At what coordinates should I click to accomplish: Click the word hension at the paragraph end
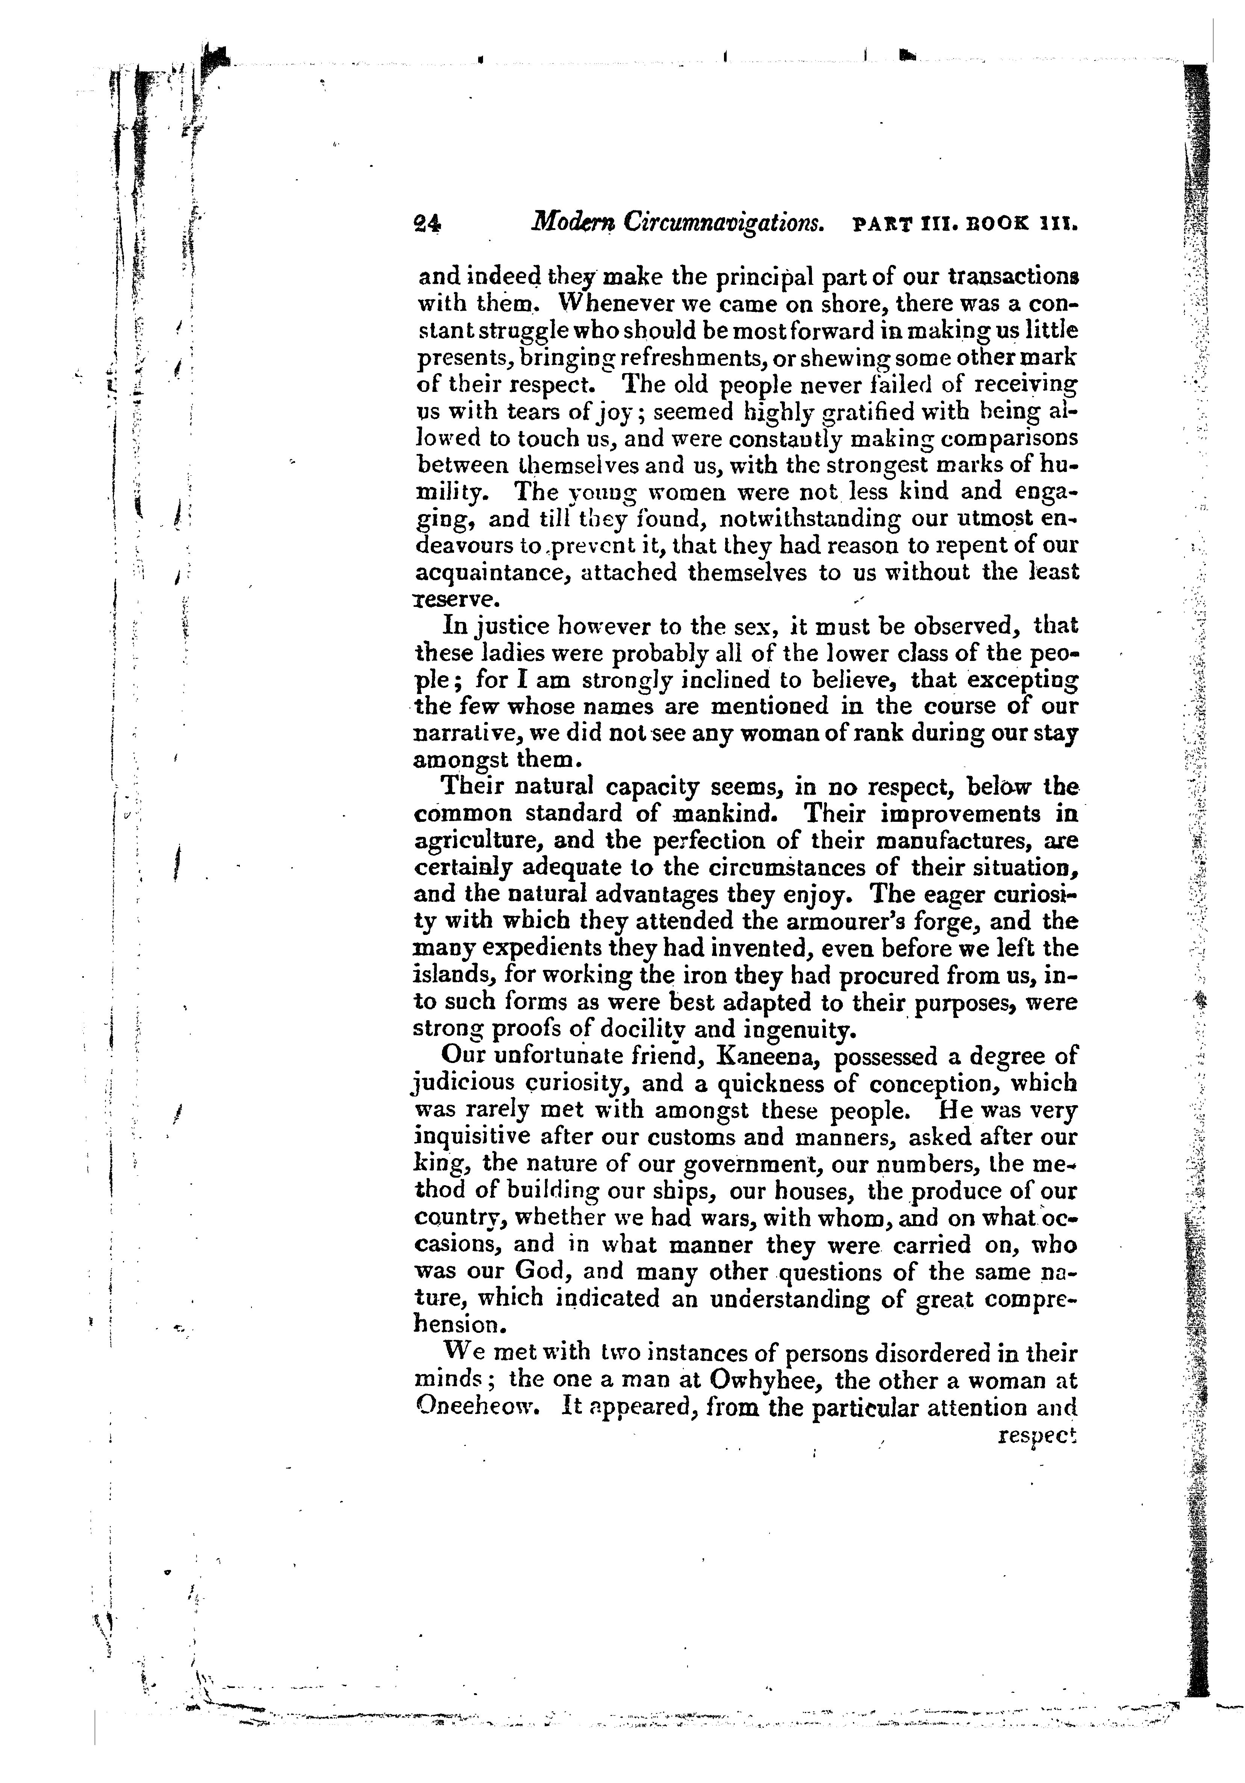[x=455, y=1325]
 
